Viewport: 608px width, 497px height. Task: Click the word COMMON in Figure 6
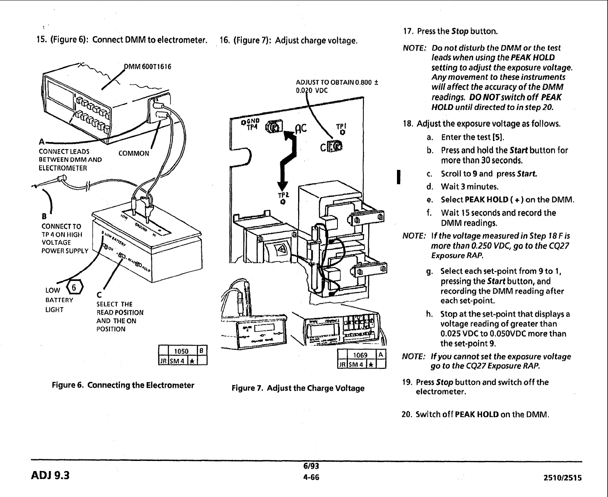134,153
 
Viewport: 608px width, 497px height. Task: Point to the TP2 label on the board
282,196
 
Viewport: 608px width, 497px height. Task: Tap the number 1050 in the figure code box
181,351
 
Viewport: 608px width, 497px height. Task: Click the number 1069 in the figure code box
360,355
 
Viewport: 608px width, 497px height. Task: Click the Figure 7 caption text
298,388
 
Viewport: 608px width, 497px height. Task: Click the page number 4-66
311,477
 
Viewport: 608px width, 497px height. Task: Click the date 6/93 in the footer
311,466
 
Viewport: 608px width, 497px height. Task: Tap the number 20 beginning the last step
406,414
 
